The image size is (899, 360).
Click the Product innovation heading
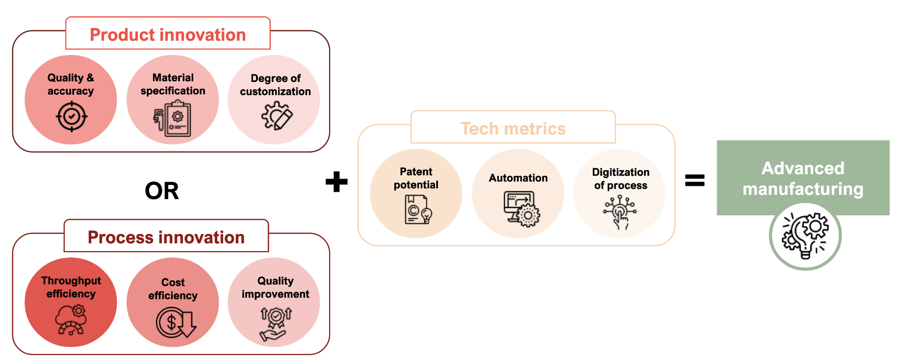pyautogui.click(x=168, y=35)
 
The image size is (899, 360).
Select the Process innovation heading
pyautogui.click(x=166, y=237)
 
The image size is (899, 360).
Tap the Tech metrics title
pyautogui.click(x=513, y=129)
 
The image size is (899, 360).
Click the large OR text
pyautogui.click(x=162, y=191)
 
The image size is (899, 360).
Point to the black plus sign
pyautogui.click(x=336, y=181)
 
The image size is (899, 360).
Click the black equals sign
pyautogui.click(x=694, y=181)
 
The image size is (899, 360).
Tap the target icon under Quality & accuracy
pyautogui.click(x=72, y=117)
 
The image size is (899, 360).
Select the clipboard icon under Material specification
pyautogui.click(x=173, y=119)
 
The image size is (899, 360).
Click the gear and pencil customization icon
pyautogui.click(x=277, y=116)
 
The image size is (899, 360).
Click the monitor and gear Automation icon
pyautogui.click(x=521, y=208)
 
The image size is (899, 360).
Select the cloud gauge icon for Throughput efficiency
pyautogui.click(x=72, y=319)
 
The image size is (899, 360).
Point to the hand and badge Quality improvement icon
pyautogui.click(x=275, y=324)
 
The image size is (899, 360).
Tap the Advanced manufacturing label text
pyautogui.click(x=803, y=179)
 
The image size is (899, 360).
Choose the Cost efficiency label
pyautogui.click(x=173, y=289)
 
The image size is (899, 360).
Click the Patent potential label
pyautogui.click(x=416, y=178)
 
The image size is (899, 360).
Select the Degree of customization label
pyautogui.click(x=275, y=85)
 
